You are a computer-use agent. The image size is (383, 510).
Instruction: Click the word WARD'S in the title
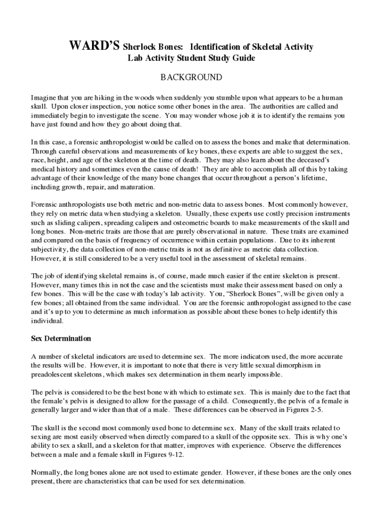click(95, 47)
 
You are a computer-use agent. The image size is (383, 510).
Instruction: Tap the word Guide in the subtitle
click(243, 58)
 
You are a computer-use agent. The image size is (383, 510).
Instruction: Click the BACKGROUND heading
click(191, 78)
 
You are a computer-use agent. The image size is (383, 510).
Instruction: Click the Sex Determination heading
click(61, 339)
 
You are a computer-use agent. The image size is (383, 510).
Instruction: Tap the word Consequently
click(244, 400)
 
